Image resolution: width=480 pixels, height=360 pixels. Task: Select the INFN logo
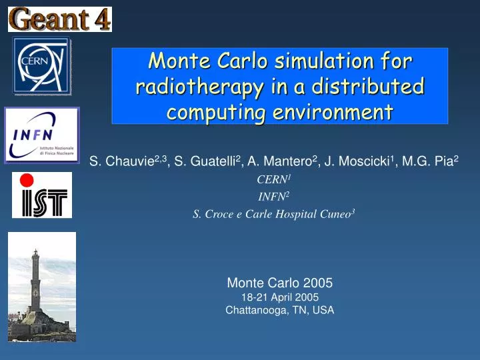coord(42,135)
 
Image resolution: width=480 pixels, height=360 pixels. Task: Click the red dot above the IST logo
coord(26,180)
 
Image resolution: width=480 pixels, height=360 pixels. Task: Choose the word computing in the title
coord(211,111)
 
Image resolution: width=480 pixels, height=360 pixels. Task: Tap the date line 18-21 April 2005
coord(280,297)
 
